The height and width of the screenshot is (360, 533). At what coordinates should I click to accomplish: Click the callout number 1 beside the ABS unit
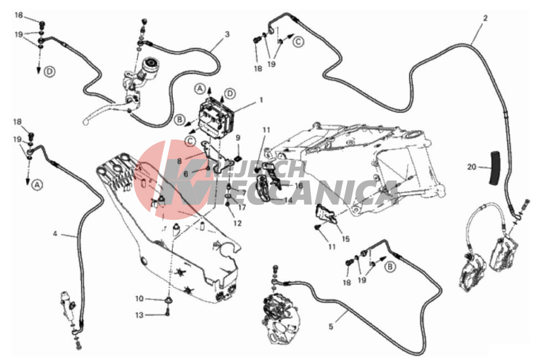click(x=261, y=100)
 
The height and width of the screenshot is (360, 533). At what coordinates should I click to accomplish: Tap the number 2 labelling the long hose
click(x=485, y=18)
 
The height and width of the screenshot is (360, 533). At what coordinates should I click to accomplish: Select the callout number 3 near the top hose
click(x=227, y=34)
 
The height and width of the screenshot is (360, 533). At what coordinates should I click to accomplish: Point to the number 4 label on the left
click(x=55, y=234)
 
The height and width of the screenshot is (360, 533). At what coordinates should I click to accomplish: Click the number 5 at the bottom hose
click(x=331, y=327)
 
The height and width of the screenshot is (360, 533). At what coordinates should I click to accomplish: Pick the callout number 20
click(x=471, y=167)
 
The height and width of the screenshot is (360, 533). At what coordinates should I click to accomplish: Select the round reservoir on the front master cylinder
click(x=150, y=65)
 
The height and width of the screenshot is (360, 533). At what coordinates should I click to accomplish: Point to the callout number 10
click(x=140, y=299)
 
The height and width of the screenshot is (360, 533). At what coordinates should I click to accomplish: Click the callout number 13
click(x=140, y=315)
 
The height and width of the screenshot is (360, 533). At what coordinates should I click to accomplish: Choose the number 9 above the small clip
click(x=238, y=138)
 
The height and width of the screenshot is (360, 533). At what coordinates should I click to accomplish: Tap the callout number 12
click(x=238, y=223)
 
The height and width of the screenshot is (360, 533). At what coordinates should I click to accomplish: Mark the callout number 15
click(x=346, y=239)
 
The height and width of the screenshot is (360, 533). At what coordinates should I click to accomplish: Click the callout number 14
click(x=288, y=200)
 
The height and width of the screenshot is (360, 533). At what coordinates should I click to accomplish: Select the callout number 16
click(x=299, y=186)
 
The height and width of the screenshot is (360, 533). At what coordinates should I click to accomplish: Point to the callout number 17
click(x=242, y=207)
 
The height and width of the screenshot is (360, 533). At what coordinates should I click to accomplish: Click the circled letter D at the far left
click(x=50, y=72)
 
